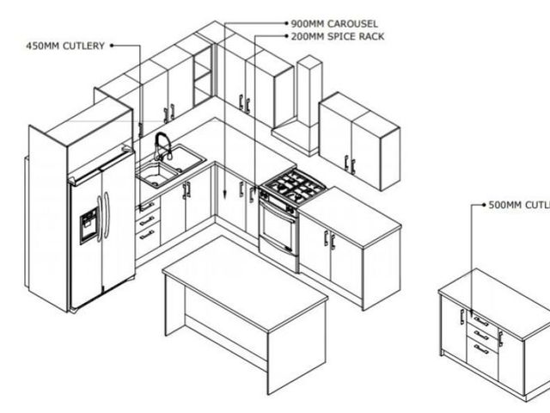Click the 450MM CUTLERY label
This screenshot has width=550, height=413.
[65, 46]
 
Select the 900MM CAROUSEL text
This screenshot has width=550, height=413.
[334, 24]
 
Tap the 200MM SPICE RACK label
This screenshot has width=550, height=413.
[338, 36]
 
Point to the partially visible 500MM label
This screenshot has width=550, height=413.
[519, 205]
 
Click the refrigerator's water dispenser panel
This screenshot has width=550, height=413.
[89, 225]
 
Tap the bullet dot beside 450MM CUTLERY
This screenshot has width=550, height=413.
[112, 46]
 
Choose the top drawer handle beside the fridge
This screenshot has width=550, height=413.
[147, 206]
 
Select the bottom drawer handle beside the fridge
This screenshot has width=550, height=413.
[147, 235]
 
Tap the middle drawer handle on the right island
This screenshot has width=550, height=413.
[481, 336]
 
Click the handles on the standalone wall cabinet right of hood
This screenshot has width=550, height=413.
[350, 165]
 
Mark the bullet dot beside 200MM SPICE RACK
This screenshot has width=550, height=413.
[286, 36]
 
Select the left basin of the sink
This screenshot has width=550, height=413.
[157, 174]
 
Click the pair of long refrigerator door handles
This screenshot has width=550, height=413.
[103, 215]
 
